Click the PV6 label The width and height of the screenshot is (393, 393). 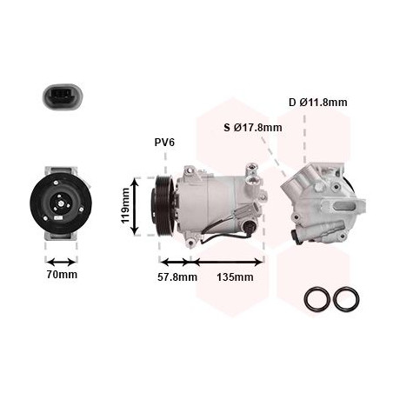point(164,143)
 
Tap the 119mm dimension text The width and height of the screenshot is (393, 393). point(125,206)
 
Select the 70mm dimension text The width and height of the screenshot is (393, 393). point(62,275)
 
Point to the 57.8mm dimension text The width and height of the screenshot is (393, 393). point(177,277)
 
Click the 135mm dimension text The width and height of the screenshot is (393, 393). point(235,277)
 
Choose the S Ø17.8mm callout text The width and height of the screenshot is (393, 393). point(253,127)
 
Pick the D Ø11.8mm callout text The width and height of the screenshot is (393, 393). point(317,102)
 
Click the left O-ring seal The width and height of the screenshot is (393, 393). point(317,298)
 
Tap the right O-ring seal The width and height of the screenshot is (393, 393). point(346,298)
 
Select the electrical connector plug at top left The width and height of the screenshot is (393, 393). point(63,97)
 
